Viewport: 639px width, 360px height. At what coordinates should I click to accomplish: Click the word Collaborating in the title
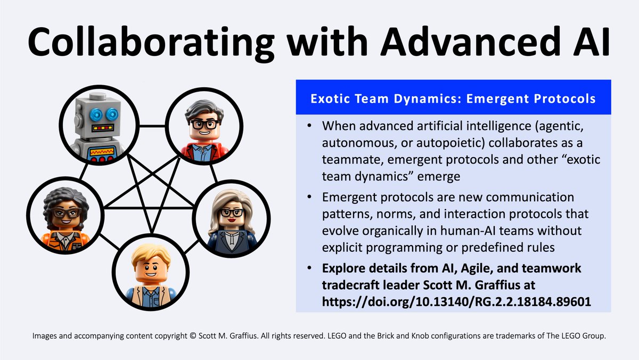(x=151, y=43)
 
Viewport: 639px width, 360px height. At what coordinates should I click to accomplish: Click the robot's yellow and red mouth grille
(x=103, y=128)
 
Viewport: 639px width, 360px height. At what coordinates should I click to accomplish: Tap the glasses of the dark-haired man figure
(x=204, y=124)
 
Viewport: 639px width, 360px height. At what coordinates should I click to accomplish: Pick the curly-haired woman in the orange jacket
(x=65, y=215)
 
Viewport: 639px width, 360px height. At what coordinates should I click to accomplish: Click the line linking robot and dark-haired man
(x=152, y=126)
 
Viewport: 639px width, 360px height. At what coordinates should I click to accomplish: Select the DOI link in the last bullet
(x=456, y=301)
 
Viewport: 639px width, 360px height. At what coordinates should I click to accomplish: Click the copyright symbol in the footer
(x=192, y=336)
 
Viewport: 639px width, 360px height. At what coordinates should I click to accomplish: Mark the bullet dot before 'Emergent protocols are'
(x=309, y=197)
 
